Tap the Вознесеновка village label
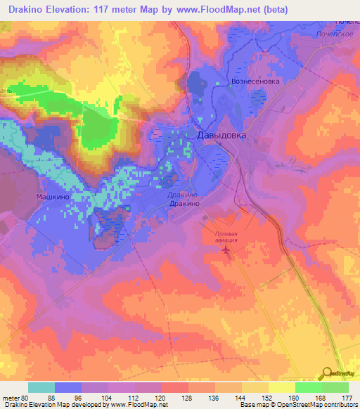point(255,82)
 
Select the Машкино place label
point(52,197)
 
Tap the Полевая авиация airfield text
point(226,236)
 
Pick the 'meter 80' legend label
point(15,397)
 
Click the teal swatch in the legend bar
point(41,387)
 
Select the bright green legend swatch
point(308,387)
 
